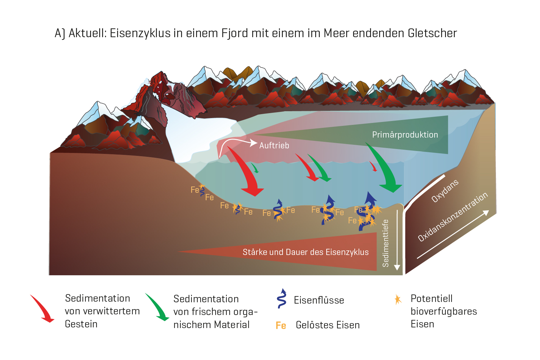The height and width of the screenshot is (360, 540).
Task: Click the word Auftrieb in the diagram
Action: click(x=274, y=145)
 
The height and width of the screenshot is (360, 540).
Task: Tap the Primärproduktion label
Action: click(x=405, y=135)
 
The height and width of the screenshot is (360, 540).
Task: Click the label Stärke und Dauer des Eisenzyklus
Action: click(x=305, y=252)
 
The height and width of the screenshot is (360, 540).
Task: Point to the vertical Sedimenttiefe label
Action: click(x=386, y=243)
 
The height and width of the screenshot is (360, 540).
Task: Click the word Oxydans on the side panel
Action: click(x=445, y=191)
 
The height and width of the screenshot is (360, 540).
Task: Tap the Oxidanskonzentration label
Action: click(x=453, y=217)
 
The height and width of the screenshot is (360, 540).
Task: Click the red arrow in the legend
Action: click(x=42, y=308)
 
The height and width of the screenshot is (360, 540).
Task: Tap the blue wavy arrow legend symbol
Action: click(x=282, y=298)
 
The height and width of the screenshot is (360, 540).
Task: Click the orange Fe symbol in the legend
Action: click(x=281, y=325)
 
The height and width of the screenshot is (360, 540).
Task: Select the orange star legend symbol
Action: click(x=398, y=299)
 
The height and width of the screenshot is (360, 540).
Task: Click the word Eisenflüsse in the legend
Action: click(x=319, y=300)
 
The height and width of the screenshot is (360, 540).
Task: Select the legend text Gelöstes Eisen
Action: click(x=328, y=325)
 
